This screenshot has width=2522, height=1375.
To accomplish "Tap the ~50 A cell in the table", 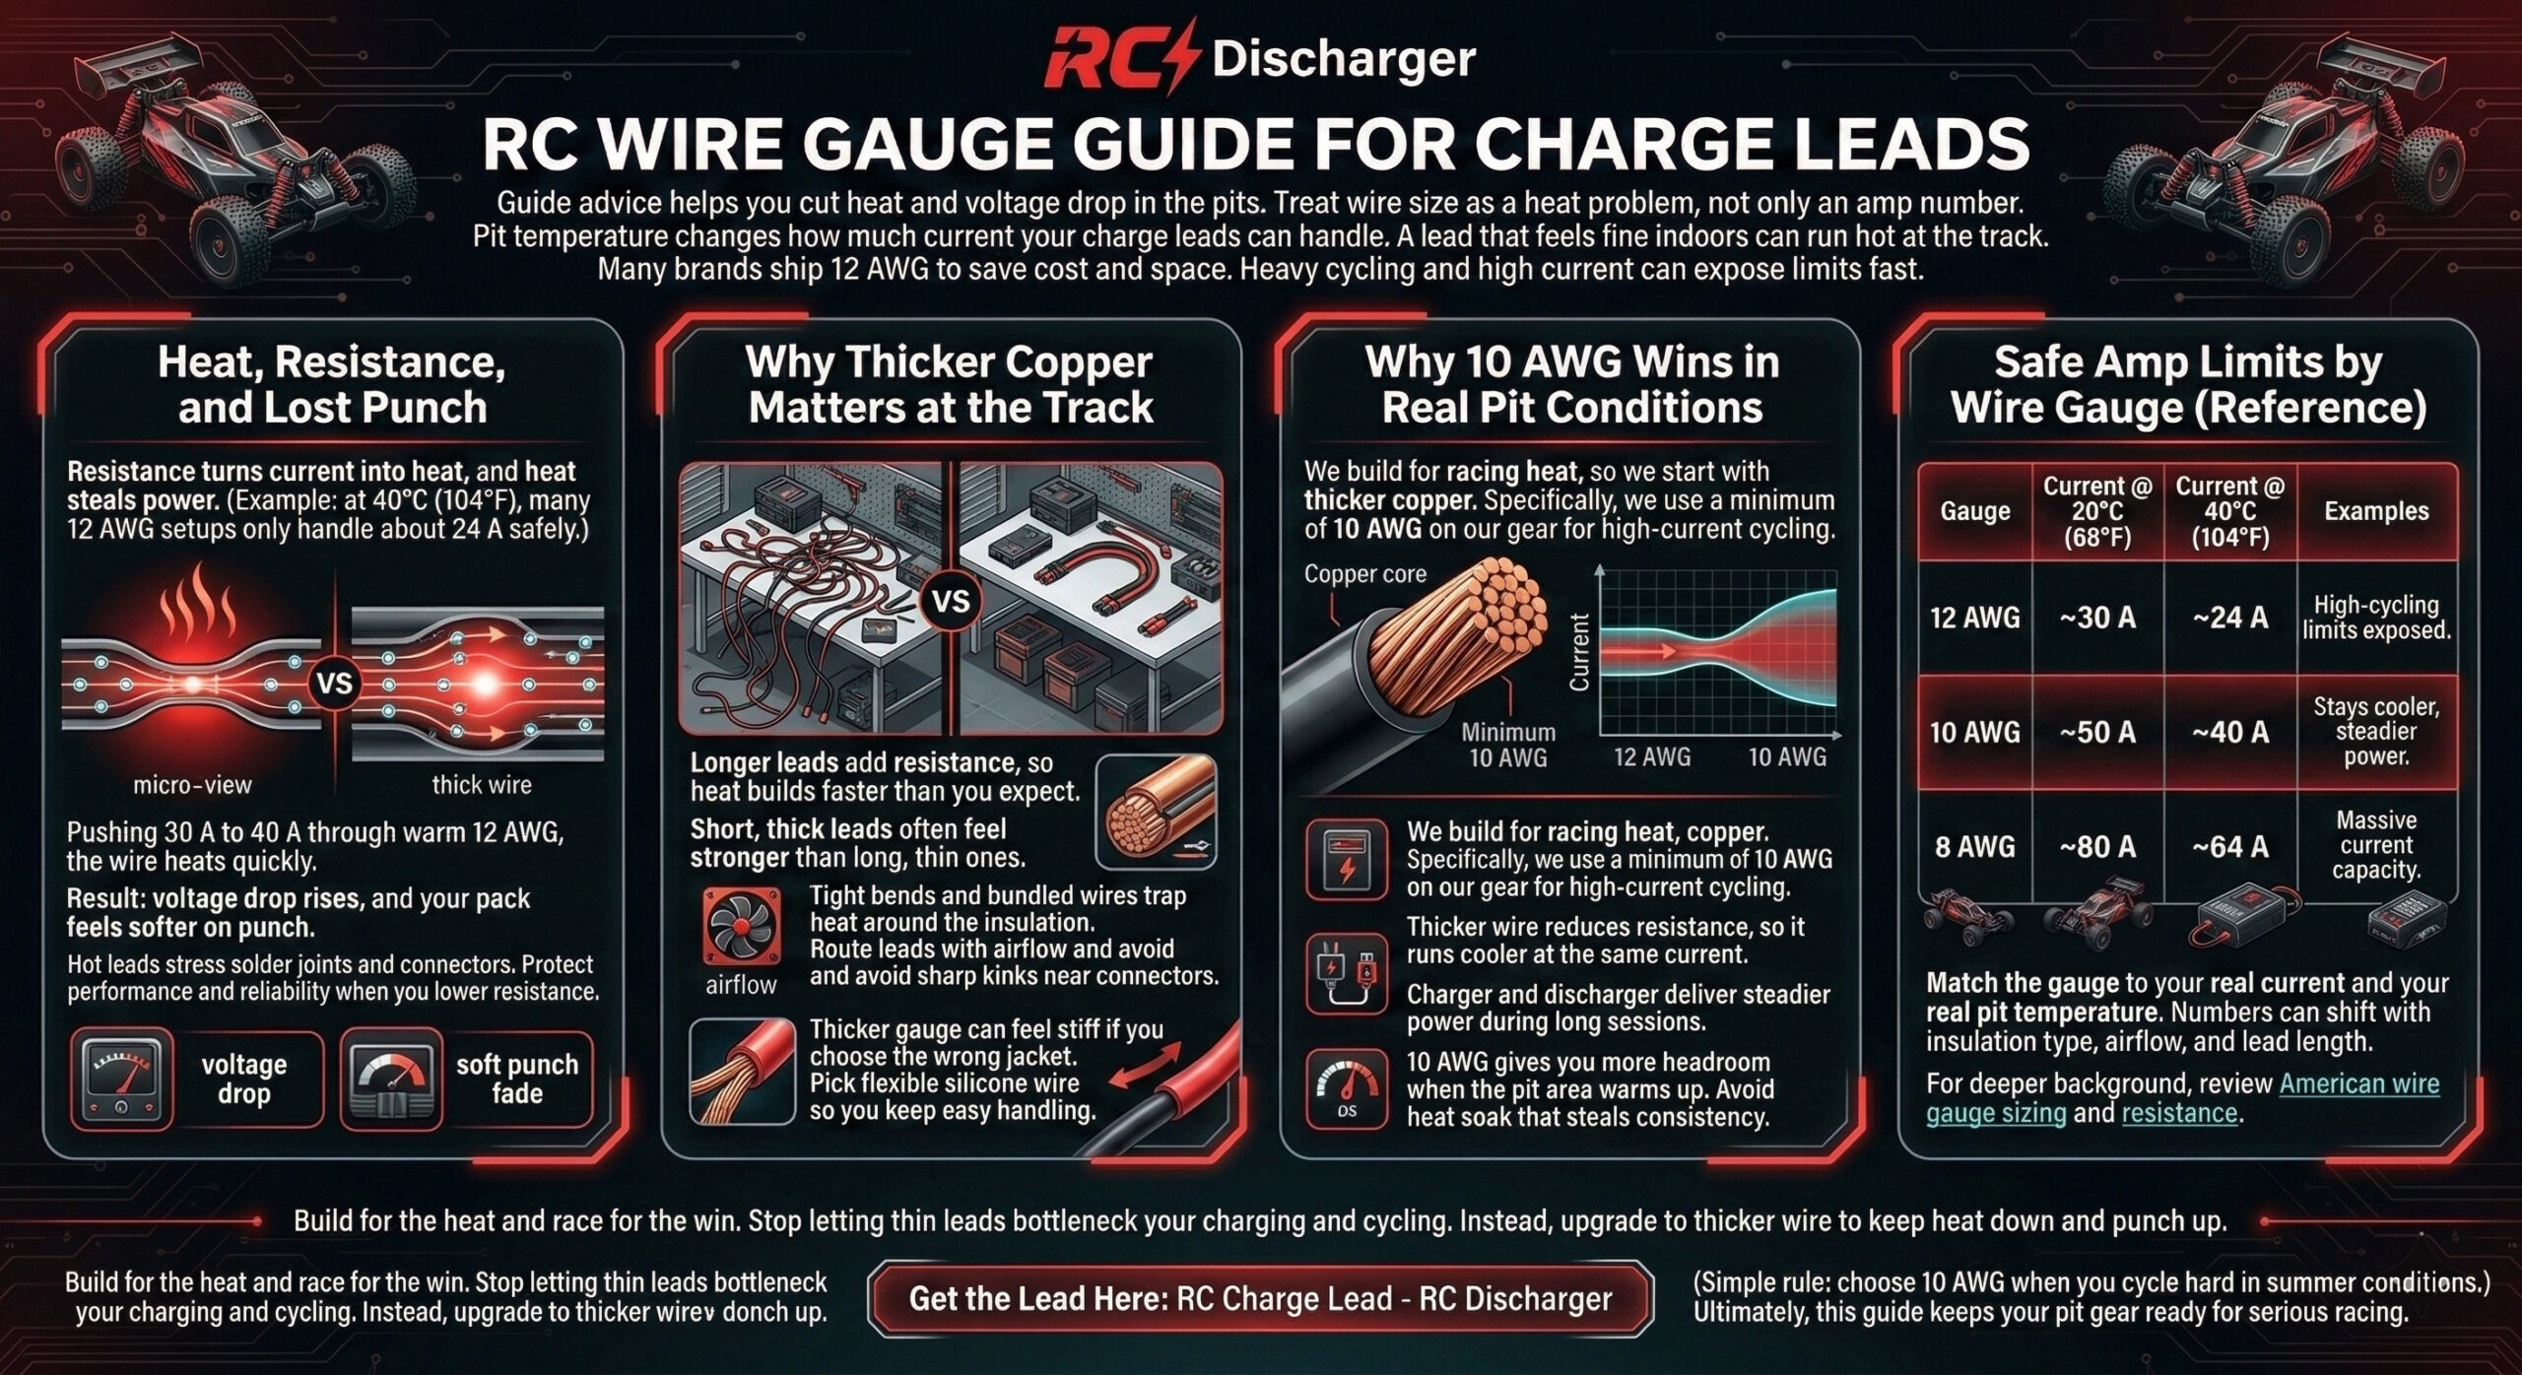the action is click(2097, 732).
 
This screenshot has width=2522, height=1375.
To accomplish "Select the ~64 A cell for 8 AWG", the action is click(2230, 846).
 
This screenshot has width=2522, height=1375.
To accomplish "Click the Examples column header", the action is click(2376, 510).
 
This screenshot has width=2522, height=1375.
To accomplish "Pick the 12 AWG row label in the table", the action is click(1974, 618).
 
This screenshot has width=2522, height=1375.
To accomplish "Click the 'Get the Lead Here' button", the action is click(1260, 1298).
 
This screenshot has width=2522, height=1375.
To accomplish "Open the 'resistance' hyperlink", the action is click(2179, 1113).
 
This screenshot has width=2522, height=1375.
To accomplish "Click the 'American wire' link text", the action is click(2358, 1083).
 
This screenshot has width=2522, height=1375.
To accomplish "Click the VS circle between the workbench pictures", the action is click(951, 600).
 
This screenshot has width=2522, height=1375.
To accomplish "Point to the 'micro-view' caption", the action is click(192, 785).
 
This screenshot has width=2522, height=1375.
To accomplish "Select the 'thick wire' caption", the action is click(482, 785).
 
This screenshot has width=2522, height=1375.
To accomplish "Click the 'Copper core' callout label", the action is click(1364, 574).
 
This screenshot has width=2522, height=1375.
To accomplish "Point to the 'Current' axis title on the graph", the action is click(1579, 652).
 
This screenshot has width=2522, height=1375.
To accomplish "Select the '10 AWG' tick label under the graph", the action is click(1787, 756).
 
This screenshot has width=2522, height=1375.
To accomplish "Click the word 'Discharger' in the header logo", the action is click(1344, 59).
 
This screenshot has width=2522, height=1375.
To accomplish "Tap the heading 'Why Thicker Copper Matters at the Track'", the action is click(950, 385).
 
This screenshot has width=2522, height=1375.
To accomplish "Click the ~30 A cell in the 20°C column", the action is click(2097, 618).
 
